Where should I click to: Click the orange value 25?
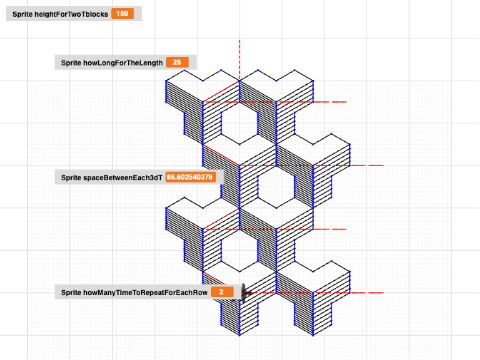(177, 62)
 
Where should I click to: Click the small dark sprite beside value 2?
(241, 289)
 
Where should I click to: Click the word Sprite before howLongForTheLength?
(71, 62)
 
